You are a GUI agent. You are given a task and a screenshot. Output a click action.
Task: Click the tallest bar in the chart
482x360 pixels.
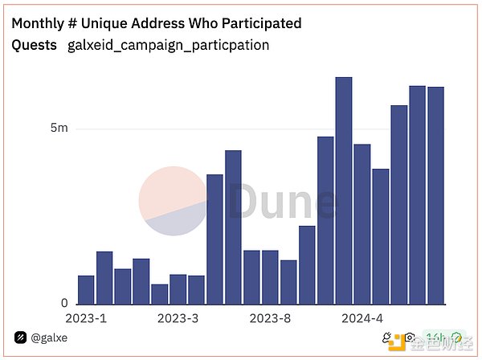344,190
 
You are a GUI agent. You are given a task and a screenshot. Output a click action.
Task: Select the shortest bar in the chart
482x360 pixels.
160,294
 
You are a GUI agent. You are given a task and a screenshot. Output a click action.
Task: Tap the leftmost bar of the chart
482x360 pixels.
86,289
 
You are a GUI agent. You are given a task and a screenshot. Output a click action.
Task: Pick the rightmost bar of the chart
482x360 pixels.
436,195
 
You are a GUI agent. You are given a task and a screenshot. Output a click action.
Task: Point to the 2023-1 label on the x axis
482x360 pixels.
86,318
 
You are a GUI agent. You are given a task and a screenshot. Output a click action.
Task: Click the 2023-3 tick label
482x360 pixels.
178,318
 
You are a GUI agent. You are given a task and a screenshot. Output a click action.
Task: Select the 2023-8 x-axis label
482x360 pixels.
270,318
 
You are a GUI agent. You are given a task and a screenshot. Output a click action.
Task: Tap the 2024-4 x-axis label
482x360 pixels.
362,318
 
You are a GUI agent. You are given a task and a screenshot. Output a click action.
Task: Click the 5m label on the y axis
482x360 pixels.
59,129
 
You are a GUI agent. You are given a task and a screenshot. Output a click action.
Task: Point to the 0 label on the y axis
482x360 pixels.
65,304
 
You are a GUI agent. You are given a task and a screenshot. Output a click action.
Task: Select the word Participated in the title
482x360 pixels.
262,23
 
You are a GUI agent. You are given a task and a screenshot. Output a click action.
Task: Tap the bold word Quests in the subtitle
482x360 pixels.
34,45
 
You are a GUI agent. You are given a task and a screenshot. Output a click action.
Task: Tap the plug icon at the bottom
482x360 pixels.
390,337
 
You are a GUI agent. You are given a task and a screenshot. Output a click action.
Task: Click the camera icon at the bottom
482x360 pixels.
410,337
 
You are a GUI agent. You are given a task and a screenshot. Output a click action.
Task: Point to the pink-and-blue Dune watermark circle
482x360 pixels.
174,201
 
